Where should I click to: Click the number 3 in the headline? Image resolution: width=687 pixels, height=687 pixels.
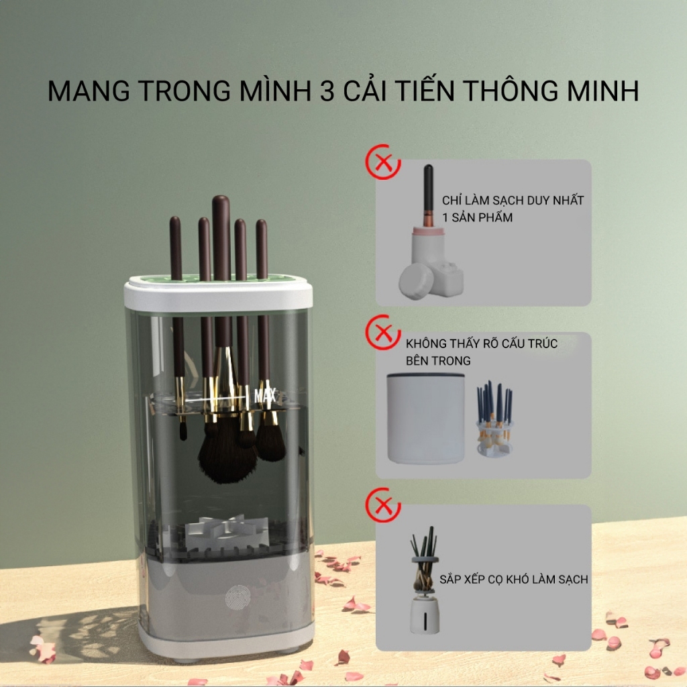(327, 91)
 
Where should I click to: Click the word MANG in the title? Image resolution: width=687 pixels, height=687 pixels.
(89, 91)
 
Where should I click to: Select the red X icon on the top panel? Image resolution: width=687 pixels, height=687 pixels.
(383, 162)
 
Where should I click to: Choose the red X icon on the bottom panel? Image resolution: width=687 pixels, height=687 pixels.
(383, 505)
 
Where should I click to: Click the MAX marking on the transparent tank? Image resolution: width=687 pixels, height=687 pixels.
(265, 396)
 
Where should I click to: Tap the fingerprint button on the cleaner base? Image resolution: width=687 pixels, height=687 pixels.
(237, 598)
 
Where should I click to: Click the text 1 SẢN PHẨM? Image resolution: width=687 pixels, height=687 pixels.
(477, 217)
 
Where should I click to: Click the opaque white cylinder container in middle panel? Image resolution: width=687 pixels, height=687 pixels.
(425, 418)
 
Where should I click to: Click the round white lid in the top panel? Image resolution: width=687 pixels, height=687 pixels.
(416, 281)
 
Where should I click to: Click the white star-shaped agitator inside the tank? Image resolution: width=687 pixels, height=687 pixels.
(220, 530)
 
